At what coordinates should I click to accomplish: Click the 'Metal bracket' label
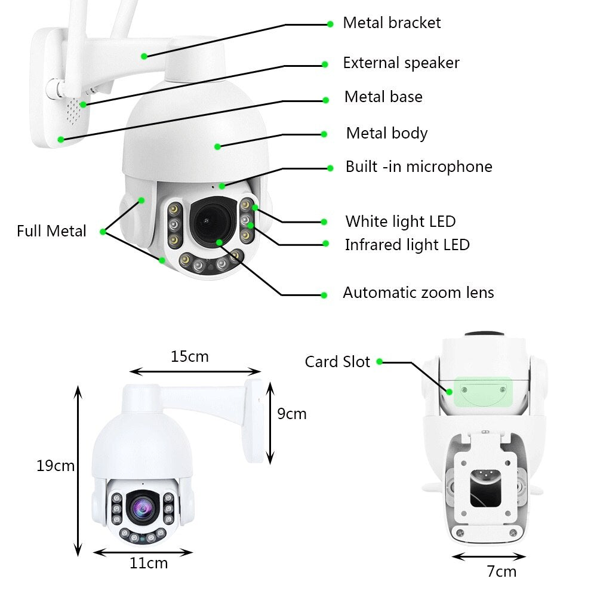click(x=392, y=23)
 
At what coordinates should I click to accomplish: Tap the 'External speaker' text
click(x=401, y=63)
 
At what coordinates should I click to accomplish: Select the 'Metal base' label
click(x=383, y=97)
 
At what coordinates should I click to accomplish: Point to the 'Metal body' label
click(x=387, y=133)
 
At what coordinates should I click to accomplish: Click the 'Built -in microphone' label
click(x=418, y=167)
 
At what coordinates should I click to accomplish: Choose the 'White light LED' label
click(x=400, y=221)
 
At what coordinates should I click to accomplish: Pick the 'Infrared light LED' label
click(x=407, y=245)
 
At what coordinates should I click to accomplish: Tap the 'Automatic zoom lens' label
click(x=418, y=293)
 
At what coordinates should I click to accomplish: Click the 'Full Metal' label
click(x=51, y=231)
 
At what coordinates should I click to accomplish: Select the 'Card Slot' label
click(x=337, y=362)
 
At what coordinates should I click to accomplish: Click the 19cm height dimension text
click(x=56, y=466)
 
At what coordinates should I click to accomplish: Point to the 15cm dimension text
click(x=190, y=357)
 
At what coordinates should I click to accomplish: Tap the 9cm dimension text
click(x=292, y=414)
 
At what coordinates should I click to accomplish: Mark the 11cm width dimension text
click(x=149, y=563)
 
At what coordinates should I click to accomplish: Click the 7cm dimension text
click(x=501, y=571)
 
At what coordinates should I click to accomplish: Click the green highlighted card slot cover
click(x=483, y=392)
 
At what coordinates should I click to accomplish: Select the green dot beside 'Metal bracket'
click(x=330, y=24)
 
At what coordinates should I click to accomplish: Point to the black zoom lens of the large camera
click(x=211, y=221)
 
